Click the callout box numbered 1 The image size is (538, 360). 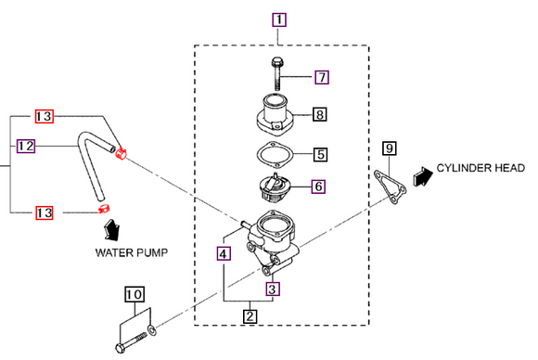coord(279,19)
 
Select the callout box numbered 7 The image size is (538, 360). coord(322,77)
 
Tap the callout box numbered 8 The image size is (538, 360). coord(319,114)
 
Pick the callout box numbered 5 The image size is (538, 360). coord(320,154)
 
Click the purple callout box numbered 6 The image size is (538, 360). coord(318,186)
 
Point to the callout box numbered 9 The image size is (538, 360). coord(390,148)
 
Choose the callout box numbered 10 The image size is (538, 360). coord(134,294)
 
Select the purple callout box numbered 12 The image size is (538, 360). coord(26,146)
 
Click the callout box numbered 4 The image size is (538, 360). coord(224,253)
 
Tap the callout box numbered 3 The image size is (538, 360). coord(273,289)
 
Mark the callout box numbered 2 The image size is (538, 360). coord(250,315)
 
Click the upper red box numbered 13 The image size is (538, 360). coord(45,116)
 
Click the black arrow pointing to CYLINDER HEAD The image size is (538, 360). coord(423,176)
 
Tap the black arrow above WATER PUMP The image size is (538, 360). coord(111,229)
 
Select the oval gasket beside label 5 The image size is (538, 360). coord(275,154)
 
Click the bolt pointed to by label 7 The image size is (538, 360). coord(276,74)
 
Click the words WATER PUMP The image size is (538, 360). coord(132,253)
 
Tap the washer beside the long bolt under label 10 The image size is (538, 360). coord(152,330)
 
